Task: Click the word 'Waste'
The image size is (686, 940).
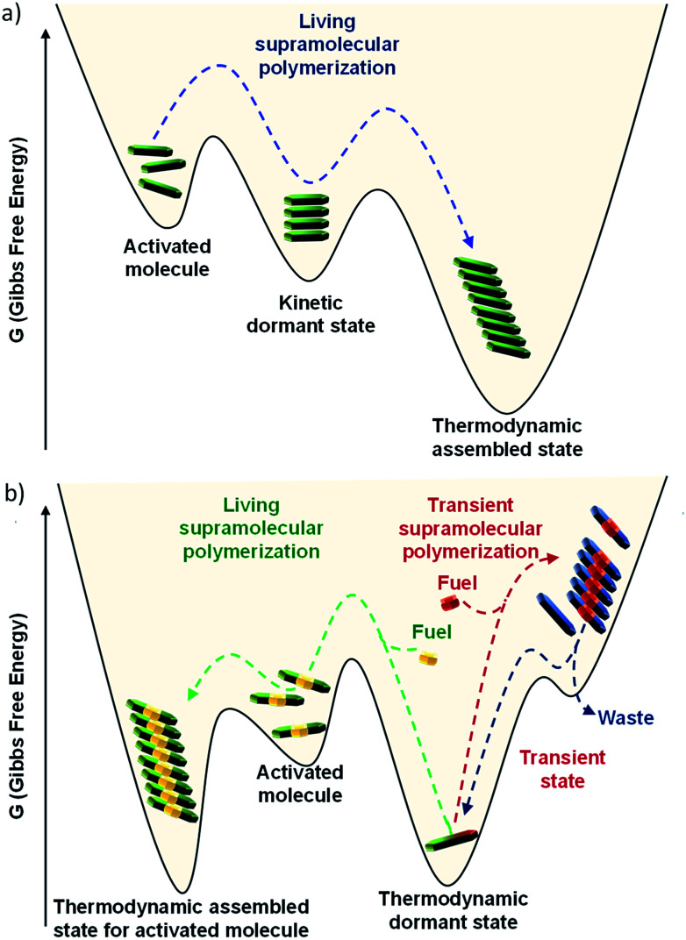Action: coord(627,718)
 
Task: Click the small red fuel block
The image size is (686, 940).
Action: coord(451,602)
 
